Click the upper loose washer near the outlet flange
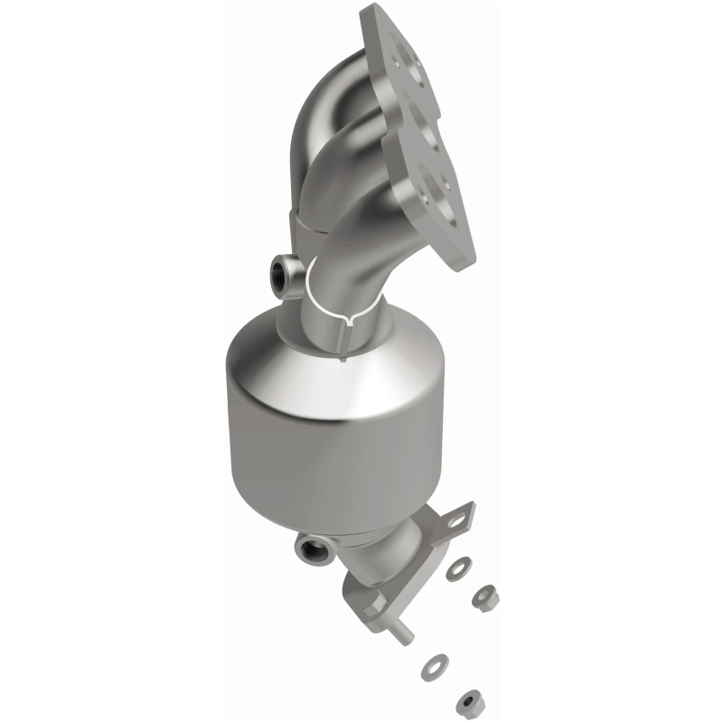[458, 571]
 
